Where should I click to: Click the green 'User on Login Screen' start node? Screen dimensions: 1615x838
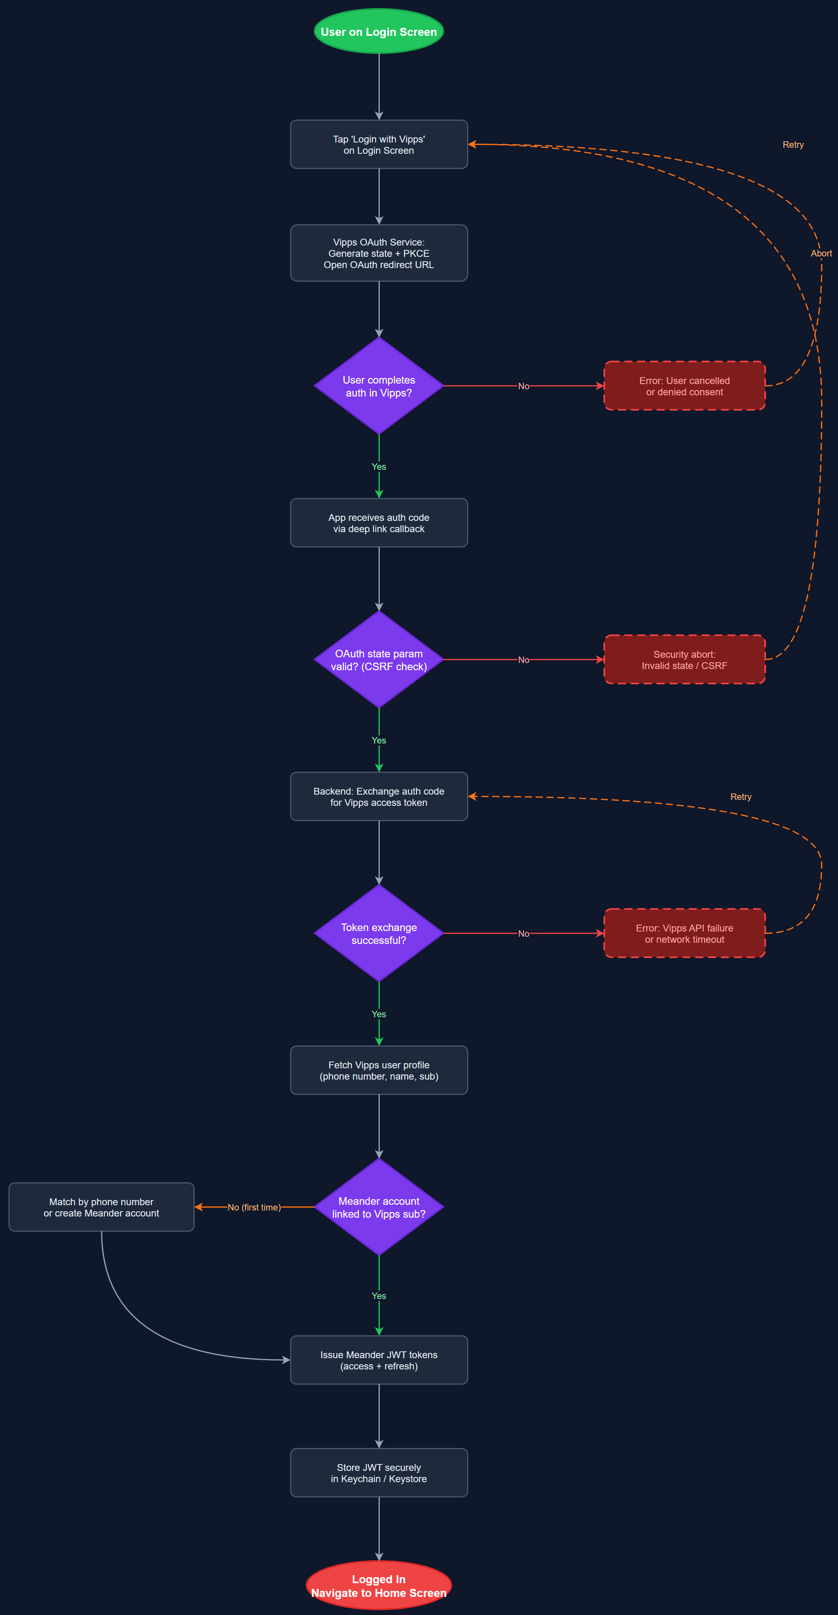379,31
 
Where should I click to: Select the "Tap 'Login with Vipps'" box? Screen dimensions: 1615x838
379,144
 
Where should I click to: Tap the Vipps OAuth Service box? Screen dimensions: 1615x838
379,253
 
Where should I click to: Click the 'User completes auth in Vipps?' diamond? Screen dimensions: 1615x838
379,386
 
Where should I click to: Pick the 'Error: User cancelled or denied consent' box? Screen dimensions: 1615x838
684,386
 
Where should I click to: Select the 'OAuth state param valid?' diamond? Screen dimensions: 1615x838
379,659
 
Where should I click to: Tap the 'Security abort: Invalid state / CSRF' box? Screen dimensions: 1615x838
684,659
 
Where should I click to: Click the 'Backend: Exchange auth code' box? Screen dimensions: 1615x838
379,796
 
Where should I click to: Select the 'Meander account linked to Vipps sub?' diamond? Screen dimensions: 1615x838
379,1207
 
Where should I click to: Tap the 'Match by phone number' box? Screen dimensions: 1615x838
101,1207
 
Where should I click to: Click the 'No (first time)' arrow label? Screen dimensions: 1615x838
254,1207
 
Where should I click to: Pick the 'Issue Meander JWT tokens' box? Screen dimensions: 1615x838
379,1360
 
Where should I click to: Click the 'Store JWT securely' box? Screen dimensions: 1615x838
379,1472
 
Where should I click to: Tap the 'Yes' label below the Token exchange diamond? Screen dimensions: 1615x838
379,1014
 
